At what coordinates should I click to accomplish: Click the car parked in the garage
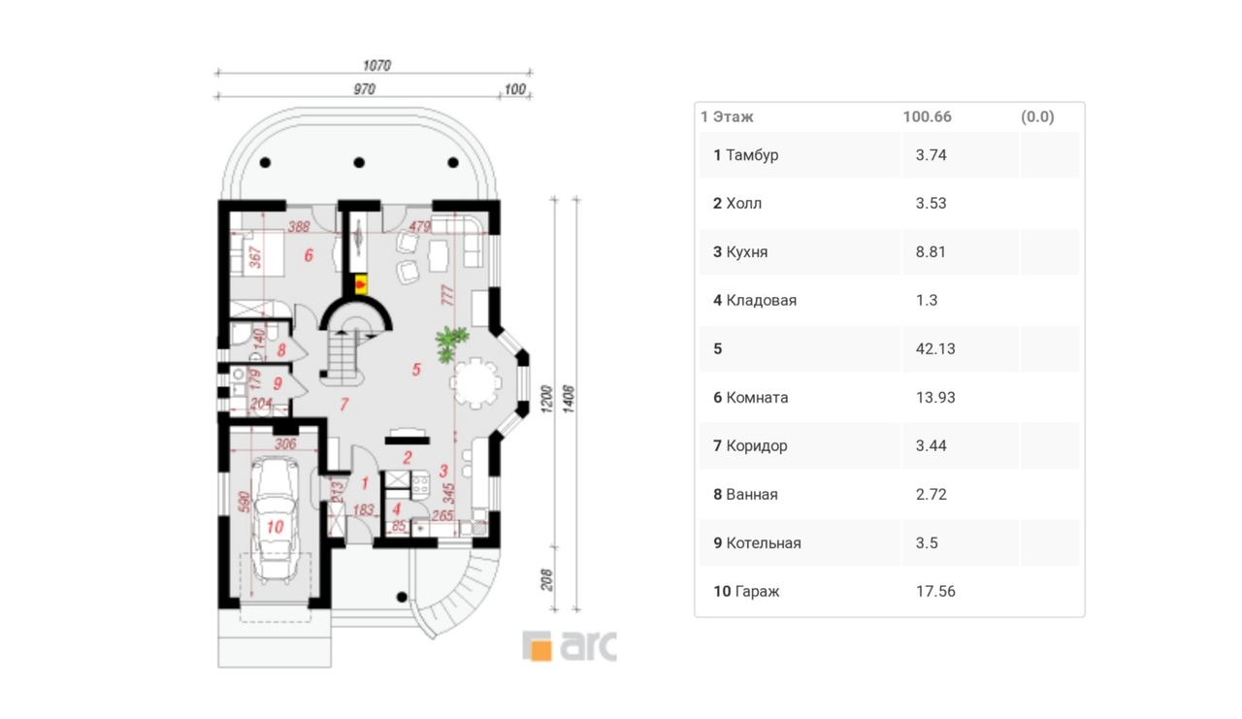pos(275,519)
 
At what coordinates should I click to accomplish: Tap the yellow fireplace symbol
pos(360,285)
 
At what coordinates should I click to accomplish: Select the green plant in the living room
pos(451,343)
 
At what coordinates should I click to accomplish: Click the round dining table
pos(475,382)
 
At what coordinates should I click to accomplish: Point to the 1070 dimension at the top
pos(376,65)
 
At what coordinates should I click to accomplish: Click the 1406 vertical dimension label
pos(569,399)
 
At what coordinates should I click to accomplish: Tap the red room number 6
pos(309,255)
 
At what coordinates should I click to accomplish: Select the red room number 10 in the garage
pos(275,526)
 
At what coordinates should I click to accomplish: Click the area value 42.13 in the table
pos(934,348)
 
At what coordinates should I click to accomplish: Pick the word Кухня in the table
pos(746,251)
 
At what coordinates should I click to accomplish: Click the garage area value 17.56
pos(934,591)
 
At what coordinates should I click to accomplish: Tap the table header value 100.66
pos(927,116)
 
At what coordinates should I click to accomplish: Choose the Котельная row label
pos(763,542)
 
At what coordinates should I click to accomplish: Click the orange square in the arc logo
pos(541,650)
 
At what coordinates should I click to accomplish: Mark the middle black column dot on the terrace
pos(359,162)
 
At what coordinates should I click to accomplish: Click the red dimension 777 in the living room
pos(447,295)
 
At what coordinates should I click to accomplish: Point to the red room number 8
pos(281,350)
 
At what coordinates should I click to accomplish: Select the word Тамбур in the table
pos(752,154)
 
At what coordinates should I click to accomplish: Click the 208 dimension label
pos(546,579)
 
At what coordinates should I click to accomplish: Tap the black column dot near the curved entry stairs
pos(402,597)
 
